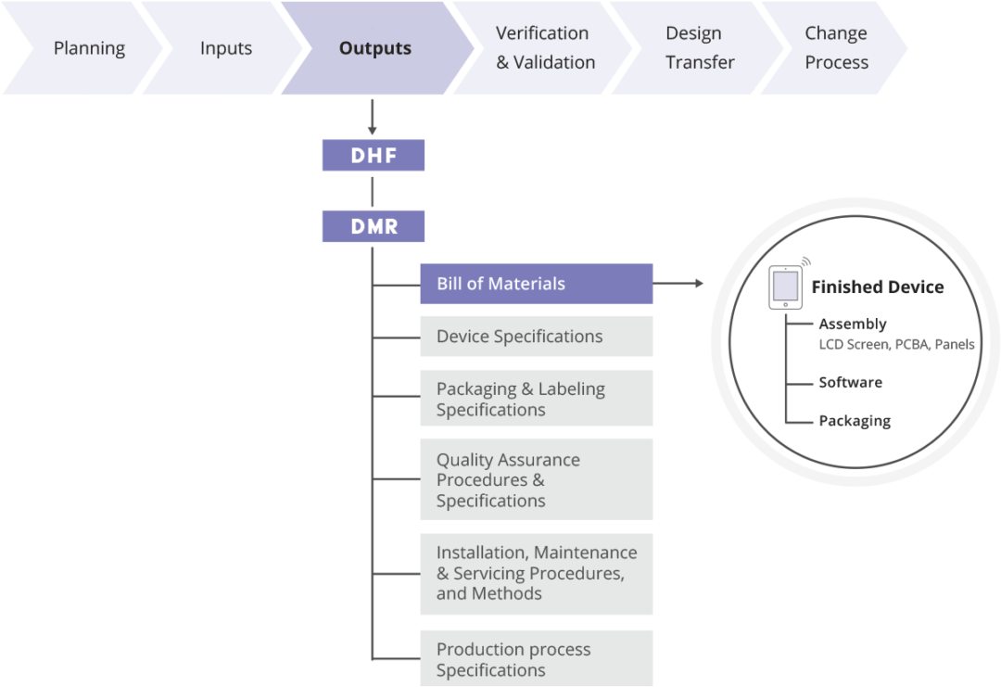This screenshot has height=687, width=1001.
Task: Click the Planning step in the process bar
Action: [x=83, y=48]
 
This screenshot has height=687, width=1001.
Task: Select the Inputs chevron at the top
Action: [x=225, y=48]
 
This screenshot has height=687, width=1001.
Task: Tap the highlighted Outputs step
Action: [x=374, y=48]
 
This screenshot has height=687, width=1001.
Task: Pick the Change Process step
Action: [x=836, y=48]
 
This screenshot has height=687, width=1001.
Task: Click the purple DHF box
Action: [x=374, y=156]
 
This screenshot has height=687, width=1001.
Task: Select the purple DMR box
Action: [x=374, y=226]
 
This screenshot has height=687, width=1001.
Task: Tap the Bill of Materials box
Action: [x=536, y=284]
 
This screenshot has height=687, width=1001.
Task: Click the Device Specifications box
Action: [x=536, y=337]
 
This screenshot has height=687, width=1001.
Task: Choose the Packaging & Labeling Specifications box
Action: [x=536, y=399]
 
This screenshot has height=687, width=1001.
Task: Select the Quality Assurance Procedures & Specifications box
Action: [x=536, y=479]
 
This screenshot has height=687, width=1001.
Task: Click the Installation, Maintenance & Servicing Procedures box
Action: [x=536, y=573]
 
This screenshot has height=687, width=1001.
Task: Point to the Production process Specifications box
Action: [x=536, y=659]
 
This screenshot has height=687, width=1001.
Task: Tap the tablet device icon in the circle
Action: [x=785, y=287]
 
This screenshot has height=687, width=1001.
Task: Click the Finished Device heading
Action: [x=877, y=287]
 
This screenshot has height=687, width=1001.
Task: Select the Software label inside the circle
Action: [x=850, y=382]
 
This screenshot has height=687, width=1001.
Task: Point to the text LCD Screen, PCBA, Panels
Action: [x=896, y=344]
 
